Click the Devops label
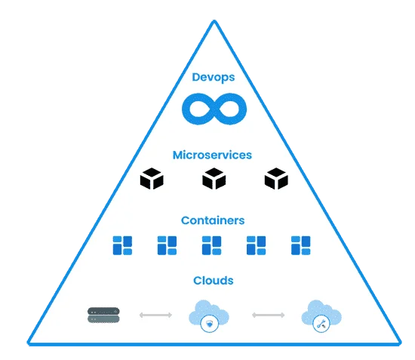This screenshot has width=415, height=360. point(212,77)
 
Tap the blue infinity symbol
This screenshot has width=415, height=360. point(214,109)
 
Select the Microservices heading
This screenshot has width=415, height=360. point(212,155)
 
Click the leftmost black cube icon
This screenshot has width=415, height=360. point(152,180)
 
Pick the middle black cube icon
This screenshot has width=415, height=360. point(214,180)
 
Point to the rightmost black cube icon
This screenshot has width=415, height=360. point(276,180)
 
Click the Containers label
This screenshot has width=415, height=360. point(213,220)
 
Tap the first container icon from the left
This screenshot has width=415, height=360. point(122,245)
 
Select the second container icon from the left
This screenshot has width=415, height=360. point(167,245)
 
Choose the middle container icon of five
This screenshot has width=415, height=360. point(212,245)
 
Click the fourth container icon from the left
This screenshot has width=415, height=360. point(257,245)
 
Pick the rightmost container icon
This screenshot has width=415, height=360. point(301,245)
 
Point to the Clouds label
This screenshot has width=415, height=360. point(213,281)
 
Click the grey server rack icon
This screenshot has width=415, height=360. point(104,315)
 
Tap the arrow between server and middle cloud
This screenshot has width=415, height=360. point(155,315)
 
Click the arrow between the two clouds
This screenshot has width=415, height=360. point(267,315)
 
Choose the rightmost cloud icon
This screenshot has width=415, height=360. point(321,314)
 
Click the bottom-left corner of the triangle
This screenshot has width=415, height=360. point(29,344)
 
